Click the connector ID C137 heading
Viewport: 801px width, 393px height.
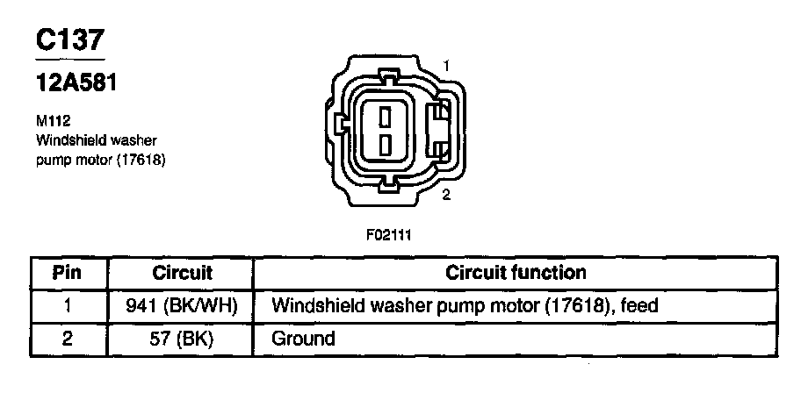click(x=69, y=40)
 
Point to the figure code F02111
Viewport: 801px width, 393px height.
click(x=389, y=235)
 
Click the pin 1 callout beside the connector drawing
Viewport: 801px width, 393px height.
click(x=447, y=66)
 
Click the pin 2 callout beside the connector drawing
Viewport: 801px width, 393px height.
click(x=446, y=195)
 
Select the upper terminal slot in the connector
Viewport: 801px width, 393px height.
click(x=385, y=114)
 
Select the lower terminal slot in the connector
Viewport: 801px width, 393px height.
click(x=385, y=143)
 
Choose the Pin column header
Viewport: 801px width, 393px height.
click(x=69, y=273)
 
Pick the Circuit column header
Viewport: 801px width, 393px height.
click(x=183, y=273)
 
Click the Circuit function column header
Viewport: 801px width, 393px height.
click(x=516, y=273)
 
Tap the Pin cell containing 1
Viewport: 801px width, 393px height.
click(x=69, y=305)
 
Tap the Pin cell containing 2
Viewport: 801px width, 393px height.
click(x=69, y=338)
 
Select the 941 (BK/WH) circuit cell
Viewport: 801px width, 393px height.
click(x=183, y=305)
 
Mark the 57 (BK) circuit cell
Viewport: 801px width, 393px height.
click(x=183, y=338)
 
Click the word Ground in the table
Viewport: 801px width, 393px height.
click(x=304, y=338)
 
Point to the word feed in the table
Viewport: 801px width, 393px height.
click(x=639, y=305)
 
